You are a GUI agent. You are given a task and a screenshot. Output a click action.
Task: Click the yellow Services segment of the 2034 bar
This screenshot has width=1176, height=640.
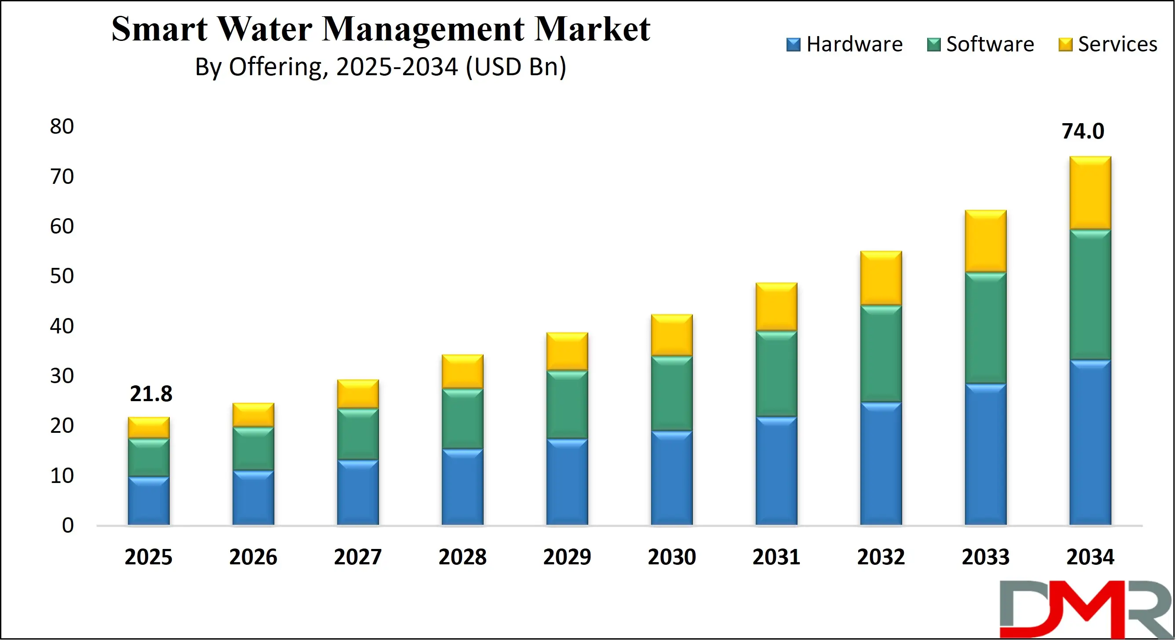coord(1090,193)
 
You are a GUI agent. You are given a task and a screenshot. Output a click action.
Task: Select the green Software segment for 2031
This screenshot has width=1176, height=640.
coord(776,373)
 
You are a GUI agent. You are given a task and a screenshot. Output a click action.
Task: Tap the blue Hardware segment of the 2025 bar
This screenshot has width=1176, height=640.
coord(148,500)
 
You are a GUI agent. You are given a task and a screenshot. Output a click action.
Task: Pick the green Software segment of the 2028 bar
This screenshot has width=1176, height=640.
coord(462,418)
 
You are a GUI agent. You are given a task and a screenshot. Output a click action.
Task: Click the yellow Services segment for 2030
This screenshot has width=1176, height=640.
coord(672,335)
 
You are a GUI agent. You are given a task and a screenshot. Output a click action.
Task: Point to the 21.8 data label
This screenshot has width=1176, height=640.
coord(151,394)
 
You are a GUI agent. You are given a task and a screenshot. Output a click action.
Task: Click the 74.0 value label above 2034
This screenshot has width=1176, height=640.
coord(1083,132)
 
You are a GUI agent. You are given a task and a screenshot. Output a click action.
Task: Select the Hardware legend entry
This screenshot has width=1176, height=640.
coord(845,44)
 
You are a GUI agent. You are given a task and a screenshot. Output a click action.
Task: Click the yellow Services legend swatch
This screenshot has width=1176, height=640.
coord(1065,45)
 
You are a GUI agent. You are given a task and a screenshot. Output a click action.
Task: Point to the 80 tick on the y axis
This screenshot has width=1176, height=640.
coord(62,127)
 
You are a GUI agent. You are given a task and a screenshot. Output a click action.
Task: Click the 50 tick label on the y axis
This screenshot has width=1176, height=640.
coord(62,276)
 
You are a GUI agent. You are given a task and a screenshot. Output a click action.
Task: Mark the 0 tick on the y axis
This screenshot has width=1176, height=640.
coord(68,526)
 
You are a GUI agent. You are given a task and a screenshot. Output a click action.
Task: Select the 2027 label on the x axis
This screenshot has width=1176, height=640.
coord(357,557)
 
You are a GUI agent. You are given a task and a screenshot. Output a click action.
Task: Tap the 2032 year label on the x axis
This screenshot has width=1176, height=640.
coord(881,557)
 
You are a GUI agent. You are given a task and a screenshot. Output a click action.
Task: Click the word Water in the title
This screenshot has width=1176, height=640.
coord(264,29)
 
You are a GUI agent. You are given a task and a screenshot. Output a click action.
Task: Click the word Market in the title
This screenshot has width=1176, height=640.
coord(592,29)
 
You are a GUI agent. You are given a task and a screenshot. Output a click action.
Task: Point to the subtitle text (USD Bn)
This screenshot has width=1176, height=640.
coord(516,67)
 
